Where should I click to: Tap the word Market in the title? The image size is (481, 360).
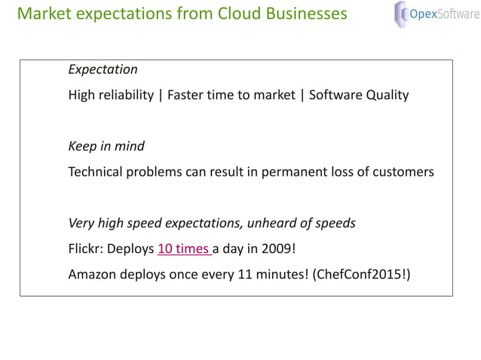(x=43, y=14)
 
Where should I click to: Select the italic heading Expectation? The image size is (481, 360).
(x=103, y=69)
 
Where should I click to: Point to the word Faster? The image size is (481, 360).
(x=187, y=95)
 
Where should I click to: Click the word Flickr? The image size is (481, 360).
(x=85, y=249)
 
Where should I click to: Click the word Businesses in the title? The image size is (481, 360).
(x=307, y=14)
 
